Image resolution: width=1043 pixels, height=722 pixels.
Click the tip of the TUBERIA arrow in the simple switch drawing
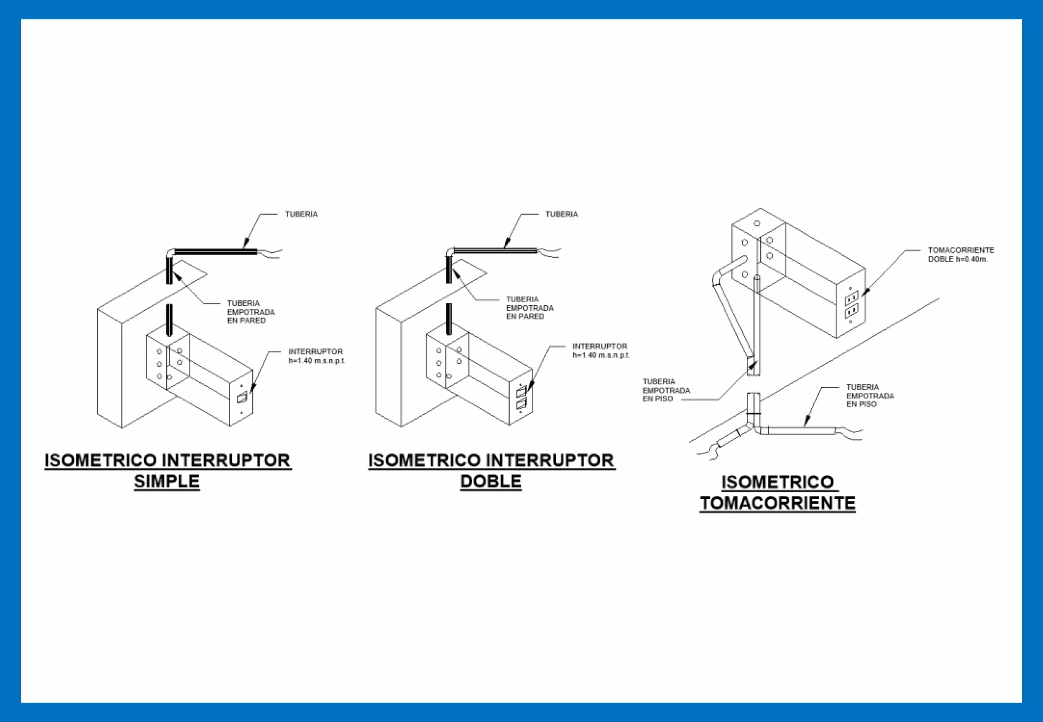(x=243, y=249)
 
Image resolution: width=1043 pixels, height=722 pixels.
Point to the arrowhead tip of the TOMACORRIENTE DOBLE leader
(x=862, y=296)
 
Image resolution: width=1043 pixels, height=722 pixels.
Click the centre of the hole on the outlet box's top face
(x=757, y=223)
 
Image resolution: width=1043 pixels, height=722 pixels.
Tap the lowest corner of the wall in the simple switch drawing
(x=122, y=427)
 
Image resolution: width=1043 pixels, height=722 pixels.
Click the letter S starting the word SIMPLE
(x=139, y=481)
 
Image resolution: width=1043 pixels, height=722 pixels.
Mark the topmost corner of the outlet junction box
(x=760, y=208)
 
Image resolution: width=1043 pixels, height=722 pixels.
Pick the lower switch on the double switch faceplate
(x=521, y=404)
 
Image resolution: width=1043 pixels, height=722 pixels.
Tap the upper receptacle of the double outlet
(x=852, y=298)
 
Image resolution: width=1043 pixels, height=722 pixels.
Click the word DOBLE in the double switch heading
(x=491, y=481)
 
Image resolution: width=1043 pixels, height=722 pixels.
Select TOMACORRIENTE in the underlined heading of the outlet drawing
(x=777, y=503)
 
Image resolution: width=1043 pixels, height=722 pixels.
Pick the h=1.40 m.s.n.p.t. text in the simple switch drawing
(x=317, y=361)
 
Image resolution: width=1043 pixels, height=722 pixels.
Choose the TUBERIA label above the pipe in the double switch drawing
(x=562, y=214)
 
